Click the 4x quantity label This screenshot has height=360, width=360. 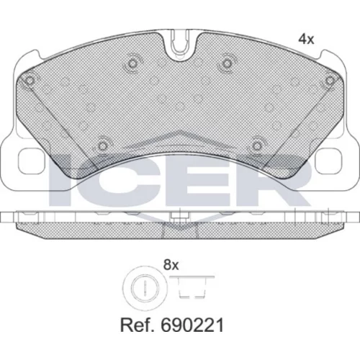point(306,39)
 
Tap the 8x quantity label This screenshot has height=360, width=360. point(171,265)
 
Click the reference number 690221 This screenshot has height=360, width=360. point(192,325)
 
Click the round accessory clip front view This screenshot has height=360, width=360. point(145,287)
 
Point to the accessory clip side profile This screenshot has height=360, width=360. point(192,287)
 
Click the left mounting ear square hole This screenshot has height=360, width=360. point(32,161)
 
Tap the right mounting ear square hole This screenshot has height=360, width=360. point(328,161)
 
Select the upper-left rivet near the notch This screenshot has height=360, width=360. point(132,63)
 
